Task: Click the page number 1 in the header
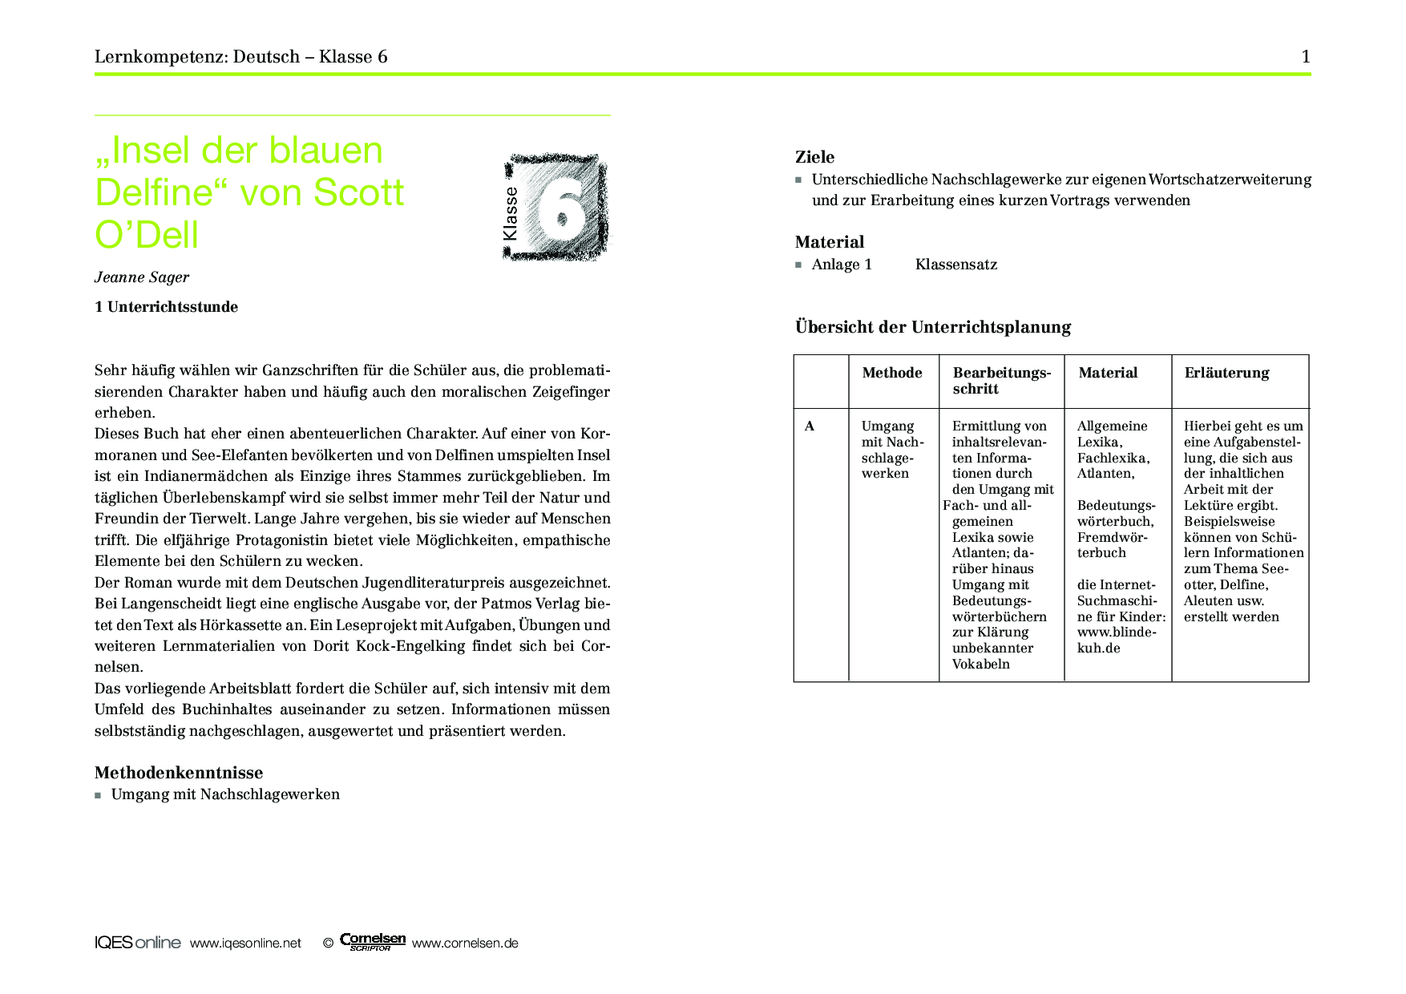[1306, 56]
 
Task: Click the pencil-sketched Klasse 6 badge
[555, 208]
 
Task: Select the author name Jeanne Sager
[142, 277]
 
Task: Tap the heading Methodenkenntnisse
[179, 773]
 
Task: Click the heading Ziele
[814, 157]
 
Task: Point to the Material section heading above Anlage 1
[829, 242]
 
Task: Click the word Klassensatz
[956, 265]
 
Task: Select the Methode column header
[892, 373]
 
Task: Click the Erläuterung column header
[1226, 373]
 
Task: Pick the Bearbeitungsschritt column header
[1001, 381]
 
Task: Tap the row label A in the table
[810, 426]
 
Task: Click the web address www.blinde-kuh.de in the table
[1116, 640]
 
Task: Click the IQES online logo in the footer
[137, 943]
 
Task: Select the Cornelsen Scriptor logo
[372, 941]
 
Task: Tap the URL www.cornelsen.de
[465, 943]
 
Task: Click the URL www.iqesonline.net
[245, 943]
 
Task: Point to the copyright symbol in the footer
[328, 943]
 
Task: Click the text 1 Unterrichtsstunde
[166, 307]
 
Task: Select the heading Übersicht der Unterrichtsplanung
[932, 327]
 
